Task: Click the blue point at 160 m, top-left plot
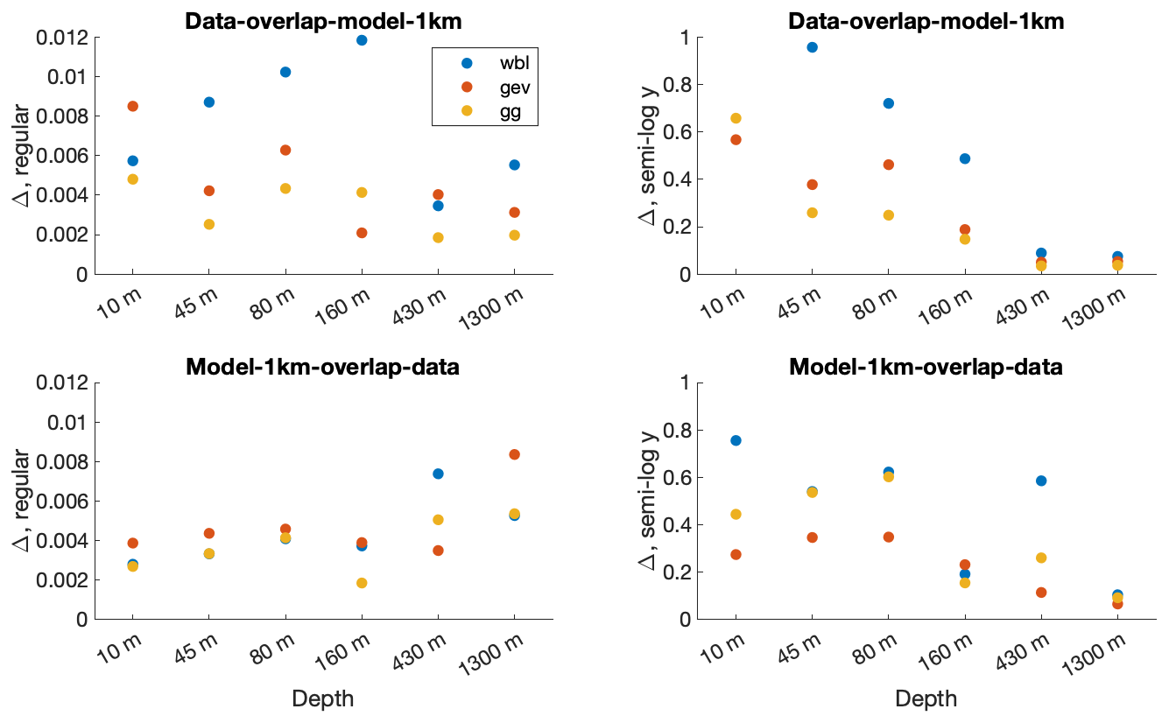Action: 362,40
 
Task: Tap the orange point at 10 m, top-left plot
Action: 133,106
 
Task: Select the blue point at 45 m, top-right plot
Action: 812,47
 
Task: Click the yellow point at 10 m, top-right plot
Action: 736,118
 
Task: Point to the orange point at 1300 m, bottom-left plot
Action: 514,454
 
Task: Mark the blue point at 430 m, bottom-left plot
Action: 438,474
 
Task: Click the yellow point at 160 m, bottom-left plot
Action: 362,583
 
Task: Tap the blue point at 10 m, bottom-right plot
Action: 736,440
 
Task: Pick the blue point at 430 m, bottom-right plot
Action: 1041,481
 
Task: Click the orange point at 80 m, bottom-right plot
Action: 888,537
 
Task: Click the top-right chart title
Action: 926,22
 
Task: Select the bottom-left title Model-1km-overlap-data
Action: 323,367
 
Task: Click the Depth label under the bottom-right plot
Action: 926,698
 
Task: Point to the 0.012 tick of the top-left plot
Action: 63,38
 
